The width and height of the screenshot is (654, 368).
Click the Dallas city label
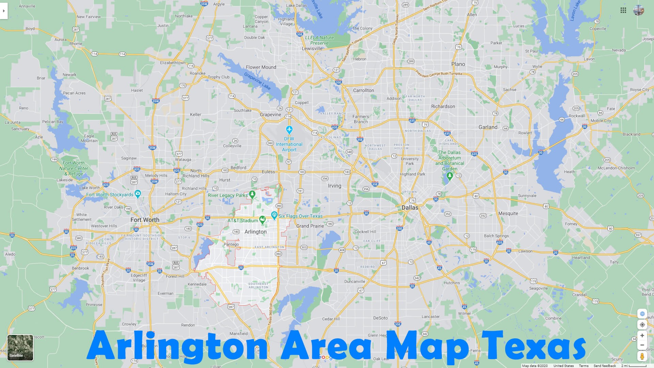(x=410, y=208)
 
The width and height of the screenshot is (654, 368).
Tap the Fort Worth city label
(x=145, y=220)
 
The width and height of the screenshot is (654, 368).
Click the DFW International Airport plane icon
(x=289, y=130)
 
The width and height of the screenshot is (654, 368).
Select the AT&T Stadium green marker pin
(x=262, y=219)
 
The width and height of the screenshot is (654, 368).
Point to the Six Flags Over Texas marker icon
(x=274, y=215)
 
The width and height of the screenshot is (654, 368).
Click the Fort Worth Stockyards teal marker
(x=138, y=194)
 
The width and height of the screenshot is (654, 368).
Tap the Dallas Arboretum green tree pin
(x=450, y=176)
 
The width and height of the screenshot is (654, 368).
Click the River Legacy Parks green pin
(x=252, y=195)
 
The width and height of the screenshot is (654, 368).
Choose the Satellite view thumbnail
(x=20, y=348)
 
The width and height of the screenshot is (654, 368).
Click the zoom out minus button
(x=642, y=345)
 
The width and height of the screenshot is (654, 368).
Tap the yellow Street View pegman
(x=642, y=356)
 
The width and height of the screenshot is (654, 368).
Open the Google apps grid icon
(x=623, y=10)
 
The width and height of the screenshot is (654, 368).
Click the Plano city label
(x=458, y=64)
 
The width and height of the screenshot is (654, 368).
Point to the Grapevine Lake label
(x=257, y=81)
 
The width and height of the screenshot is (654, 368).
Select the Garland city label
(x=488, y=127)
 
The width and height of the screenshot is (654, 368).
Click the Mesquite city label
(x=508, y=213)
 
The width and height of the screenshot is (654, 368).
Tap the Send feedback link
(x=605, y=366)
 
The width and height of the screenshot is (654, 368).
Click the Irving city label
(x=334, y=186)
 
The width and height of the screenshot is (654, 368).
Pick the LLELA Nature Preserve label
(x=320, y=40)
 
